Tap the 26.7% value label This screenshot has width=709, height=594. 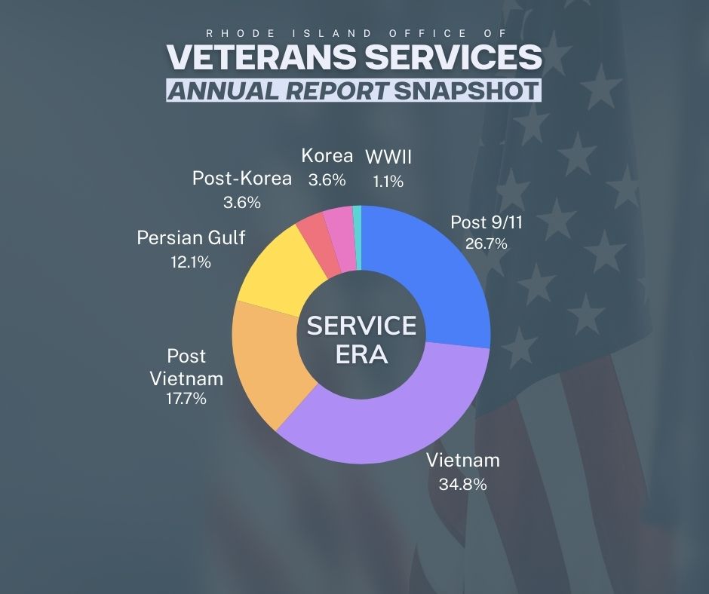pyautogui.click(x=486, y=243)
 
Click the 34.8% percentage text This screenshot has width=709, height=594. pyautogui.click(x=462, y=484)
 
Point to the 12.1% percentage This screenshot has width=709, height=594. pyautogui.click(x=191, y=262)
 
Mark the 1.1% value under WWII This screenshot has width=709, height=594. pyautogui.click(x=388, y=181)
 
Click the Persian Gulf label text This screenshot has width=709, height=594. pyautogui.click(x=191, y=239)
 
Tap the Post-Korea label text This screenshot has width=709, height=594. pyautogui.click(x=241, y=179)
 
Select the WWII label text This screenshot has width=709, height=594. pyautogui.click(x=388, y=157)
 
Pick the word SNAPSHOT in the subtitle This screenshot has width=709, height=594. pyautogui.click(x=468, y=90)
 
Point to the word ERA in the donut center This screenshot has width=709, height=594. pyautogui.click(x=361, y=354)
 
